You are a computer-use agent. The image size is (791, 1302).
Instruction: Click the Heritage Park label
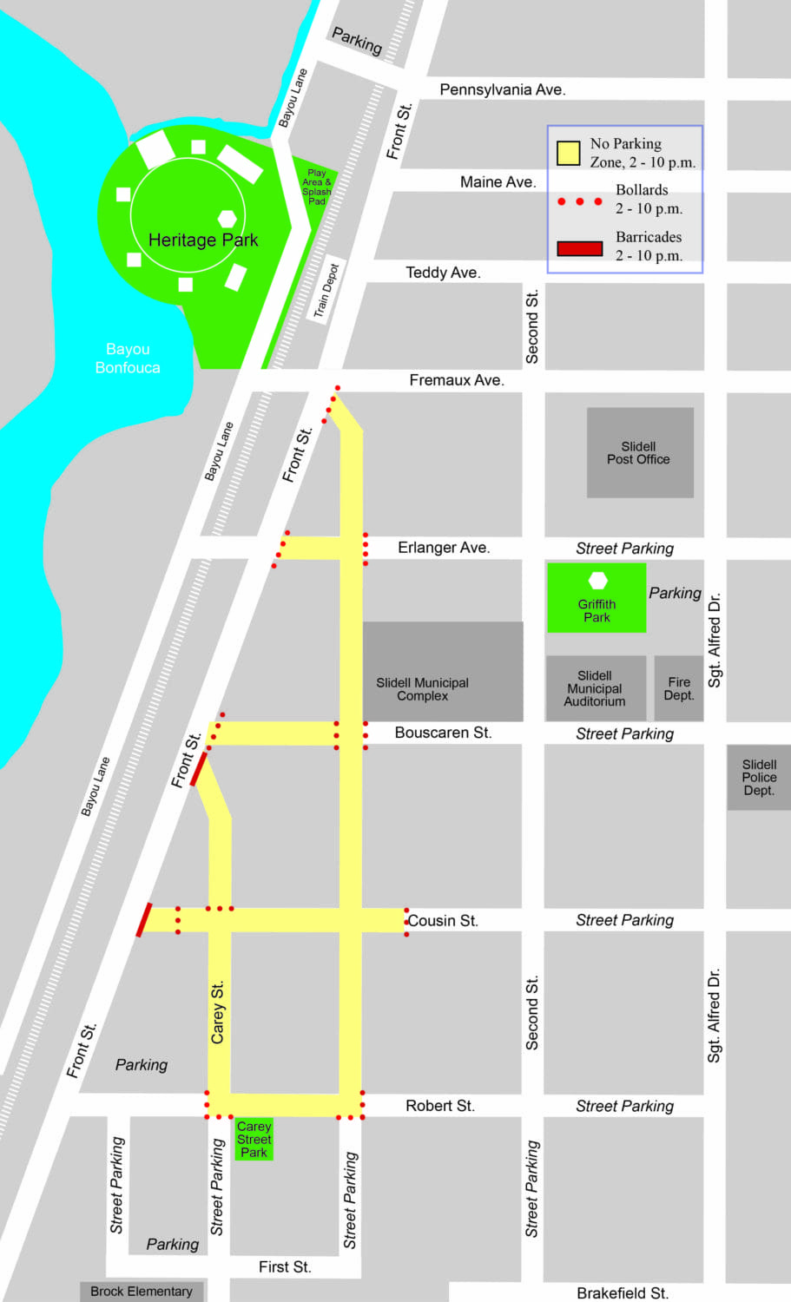click(203, 240)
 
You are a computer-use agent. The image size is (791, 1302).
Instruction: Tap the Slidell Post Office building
click(640, 452)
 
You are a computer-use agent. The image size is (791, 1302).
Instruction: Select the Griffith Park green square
click(597, 598)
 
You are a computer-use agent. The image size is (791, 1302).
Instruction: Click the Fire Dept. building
click(678, 688)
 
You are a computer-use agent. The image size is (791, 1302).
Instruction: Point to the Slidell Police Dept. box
click(759, 777)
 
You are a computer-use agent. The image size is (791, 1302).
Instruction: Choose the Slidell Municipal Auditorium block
click(595, 688)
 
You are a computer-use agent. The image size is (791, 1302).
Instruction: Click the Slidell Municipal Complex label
click(423, 689)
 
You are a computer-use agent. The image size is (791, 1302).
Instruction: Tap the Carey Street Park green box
click(254, 1139)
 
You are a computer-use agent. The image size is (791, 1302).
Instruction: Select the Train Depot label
click(326, 290)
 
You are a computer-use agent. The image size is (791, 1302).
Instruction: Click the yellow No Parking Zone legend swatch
click(568, 154)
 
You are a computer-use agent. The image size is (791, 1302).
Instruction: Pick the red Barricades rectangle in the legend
click(579, 248)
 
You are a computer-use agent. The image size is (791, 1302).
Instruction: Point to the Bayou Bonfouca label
click(128, 358)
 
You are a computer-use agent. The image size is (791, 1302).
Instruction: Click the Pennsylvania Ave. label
click(502, 89)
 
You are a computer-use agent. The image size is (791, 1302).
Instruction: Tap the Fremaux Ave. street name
click(456, 380)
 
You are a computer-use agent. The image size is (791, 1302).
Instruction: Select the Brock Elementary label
click(142, 1291)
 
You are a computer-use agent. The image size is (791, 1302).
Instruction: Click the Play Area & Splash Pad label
click(316, 187)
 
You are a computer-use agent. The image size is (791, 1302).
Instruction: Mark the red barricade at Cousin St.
click(144, 920)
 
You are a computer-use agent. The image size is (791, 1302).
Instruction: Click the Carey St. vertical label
click(218, 1012)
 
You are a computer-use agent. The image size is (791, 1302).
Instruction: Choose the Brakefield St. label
click(622, 1292)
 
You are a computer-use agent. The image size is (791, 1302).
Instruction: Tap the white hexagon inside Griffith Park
click(597, 580)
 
